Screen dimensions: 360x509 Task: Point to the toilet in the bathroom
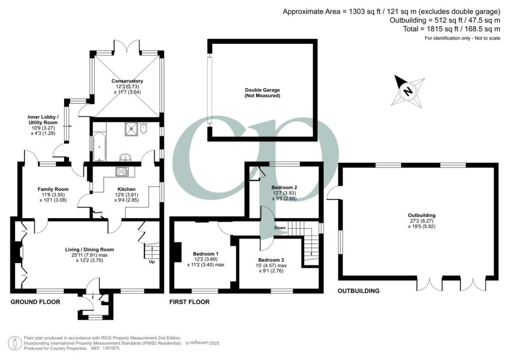[x=144, y=128]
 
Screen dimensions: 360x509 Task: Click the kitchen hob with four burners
[x=122, y=172]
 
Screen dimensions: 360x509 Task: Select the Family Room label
[x=53, y=189]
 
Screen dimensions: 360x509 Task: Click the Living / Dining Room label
[x=89, y=250]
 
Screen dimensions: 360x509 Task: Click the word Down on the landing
[x=280, y=228]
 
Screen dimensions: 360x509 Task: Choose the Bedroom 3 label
[x=271, y=260]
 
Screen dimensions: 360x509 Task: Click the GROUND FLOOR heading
[x=35, y=302]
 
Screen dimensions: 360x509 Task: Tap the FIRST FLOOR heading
[x=189, y=302]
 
